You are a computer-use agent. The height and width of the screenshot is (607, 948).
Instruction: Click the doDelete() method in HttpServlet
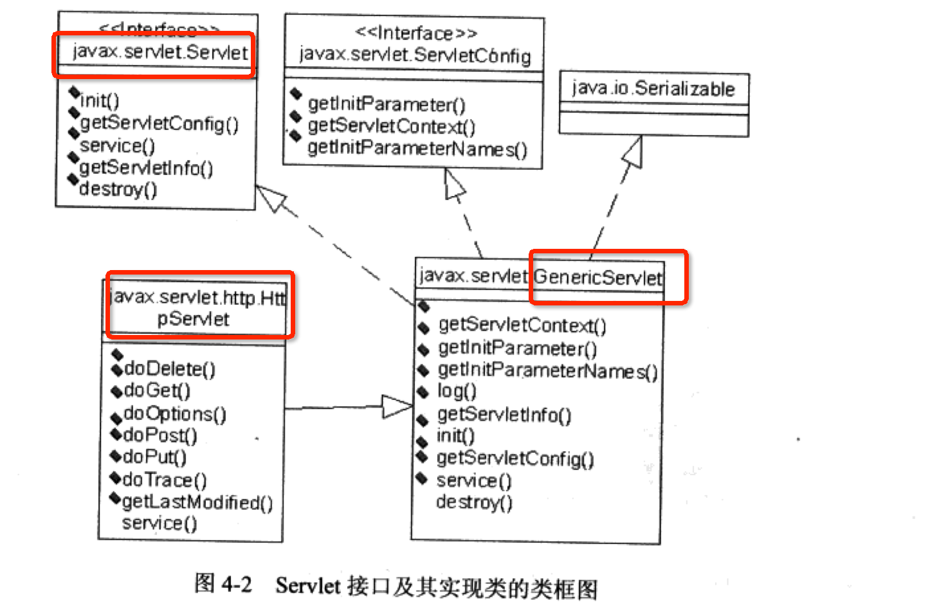pos(169,368)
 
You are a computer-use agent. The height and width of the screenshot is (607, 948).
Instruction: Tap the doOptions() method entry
pos(174,413)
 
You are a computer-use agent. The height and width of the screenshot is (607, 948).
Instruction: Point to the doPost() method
pos(160,435)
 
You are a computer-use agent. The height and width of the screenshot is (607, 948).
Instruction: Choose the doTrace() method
pos(164,480)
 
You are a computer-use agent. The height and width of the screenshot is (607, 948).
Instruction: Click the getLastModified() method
pos(197,502)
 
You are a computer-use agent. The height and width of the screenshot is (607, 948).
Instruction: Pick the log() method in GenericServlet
pos(457,391)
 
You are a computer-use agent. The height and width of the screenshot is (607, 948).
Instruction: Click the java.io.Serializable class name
pos(653,88)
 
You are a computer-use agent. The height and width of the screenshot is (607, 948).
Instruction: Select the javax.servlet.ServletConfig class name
pos(415,55)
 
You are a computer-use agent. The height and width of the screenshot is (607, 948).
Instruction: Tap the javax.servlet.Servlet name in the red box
pos(160,52)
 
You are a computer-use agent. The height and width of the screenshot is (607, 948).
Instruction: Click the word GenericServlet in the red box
pos(597,277)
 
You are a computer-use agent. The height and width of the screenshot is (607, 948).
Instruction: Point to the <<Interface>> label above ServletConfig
pos(415,33)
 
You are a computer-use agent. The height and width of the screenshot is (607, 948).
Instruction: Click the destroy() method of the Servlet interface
pos(118,189)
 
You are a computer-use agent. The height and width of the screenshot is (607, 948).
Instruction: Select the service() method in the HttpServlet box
pos(160,523)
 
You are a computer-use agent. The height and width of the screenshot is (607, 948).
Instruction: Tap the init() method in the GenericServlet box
pos(455,436)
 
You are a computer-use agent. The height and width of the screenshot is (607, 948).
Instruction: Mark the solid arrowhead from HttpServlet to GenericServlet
pos(396,406)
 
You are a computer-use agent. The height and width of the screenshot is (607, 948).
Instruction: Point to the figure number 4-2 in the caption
pos(236,584)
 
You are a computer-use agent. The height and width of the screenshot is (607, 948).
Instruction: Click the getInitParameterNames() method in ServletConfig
pos(417,149)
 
